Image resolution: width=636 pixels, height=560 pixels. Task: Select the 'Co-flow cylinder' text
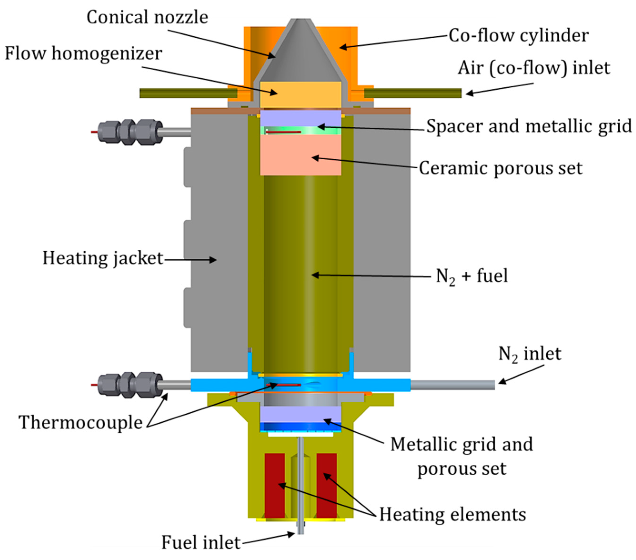click(x=518, y=35)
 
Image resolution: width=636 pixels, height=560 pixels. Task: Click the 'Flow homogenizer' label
click(x=83, y=54)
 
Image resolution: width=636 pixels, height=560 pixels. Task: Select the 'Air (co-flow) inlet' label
click(x=534, y=68)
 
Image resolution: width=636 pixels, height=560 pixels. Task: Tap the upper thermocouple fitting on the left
click(x=130, y=132)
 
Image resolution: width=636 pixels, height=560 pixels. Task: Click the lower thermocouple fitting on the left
click(x=130, y=385)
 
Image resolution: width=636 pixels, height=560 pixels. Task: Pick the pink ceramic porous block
click(x=300, y=155)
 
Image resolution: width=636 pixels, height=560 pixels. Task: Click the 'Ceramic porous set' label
click(x=500, y=168)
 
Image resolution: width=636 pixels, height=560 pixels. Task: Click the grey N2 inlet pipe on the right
click(x=452, y=385)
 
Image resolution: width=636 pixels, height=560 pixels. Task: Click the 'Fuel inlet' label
click(x=201, y=542)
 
